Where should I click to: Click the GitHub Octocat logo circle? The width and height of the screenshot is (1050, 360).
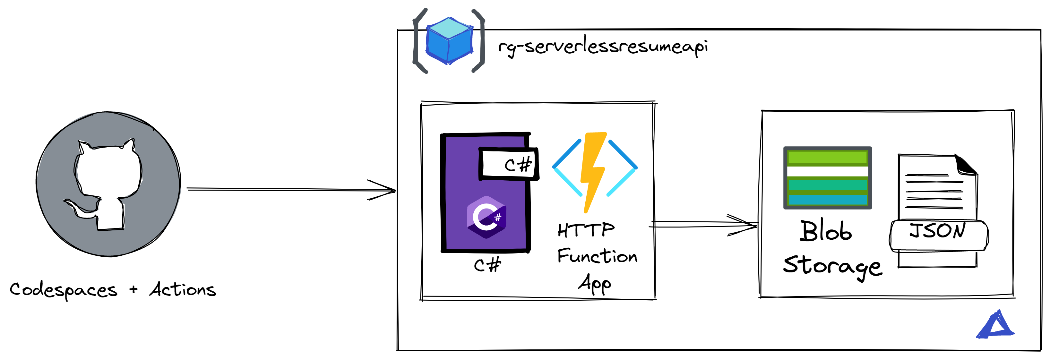pyautogui.click(x=108, y=184)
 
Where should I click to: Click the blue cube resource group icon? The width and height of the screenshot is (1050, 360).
pyautogui.click(x=449, y=41)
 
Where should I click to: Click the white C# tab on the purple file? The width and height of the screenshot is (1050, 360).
pyautogui.click(x=509, y=164)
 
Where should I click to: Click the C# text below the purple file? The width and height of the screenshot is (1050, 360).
pyautogui.click(x=487, y=265)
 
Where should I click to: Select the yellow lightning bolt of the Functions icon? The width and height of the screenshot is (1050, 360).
pyautogui.click(x=593, y=171)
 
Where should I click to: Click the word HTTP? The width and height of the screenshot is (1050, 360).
pyautogui.click(x=586, y=230)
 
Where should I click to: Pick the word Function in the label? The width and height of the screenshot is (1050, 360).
pyautogui.click(x=597, y=256)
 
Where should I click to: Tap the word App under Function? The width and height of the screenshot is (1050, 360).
pyautogui.click(x=595, y=283)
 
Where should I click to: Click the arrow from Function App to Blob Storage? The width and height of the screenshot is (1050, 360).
pyautogui.click(x=703, y=224)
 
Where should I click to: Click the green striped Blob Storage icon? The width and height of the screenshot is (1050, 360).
pyautogui.click(x=827, y=178)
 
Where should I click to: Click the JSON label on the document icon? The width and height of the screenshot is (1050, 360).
pyautogui.click(x=937, y=231)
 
